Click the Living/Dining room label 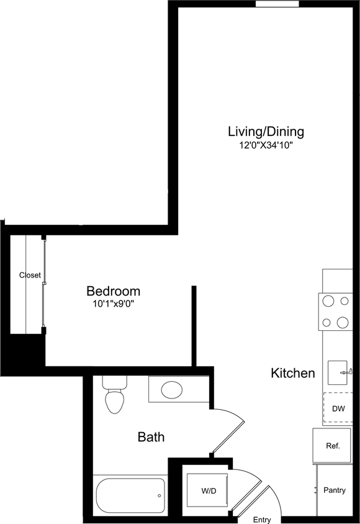[266, 132]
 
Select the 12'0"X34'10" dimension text [266, 146]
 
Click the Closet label [30, 275]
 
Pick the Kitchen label [293, 374]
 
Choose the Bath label [151, 437]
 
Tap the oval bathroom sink [171, 390]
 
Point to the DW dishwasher [338, 409]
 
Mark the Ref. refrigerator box [333, 446]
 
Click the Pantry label [335, 490]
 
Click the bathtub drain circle [160, 495]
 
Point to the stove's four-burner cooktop [335, 312]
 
